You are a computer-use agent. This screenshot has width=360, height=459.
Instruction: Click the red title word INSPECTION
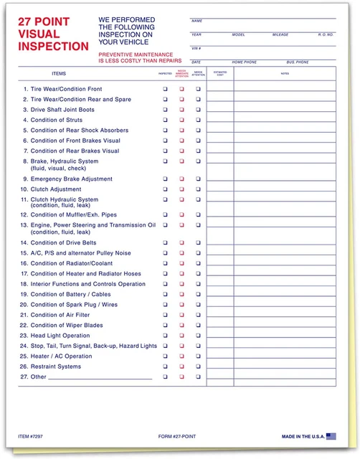click(x=54, y=46)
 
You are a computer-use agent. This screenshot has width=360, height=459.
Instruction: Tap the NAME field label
click(x=197, y=21)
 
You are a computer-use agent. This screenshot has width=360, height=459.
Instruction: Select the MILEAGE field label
click(x=280, y=34)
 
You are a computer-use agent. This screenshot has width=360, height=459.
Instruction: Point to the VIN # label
click(x=196, y=48)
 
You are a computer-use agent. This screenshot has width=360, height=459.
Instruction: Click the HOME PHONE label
click(x=245, y=62)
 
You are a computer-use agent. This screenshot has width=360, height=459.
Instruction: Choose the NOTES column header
click(x=285, y=73)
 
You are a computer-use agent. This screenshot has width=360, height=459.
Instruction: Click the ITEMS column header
click(x=59, y=74)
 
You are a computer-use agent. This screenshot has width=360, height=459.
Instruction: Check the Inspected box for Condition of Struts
click(x=165, y=120)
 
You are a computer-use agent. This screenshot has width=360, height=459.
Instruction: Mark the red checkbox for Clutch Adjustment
click(x=181, y=189)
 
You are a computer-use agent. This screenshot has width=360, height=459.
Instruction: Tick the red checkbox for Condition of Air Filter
click(x=181, y=315)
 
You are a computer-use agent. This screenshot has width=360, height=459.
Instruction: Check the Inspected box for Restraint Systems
click(x=165, y=366)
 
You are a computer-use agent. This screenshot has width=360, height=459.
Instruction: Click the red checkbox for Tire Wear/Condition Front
click(x=181, y=89)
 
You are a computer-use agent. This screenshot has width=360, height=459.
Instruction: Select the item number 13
click(x=24, y=224)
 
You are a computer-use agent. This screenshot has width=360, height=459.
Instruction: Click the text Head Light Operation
click(x=60, y=336)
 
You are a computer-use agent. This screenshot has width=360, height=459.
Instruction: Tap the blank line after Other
click(x=100, y=377)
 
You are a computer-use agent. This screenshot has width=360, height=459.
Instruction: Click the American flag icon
click(x=331, y=435)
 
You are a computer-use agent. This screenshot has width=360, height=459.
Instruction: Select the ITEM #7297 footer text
click(x=32, y=436)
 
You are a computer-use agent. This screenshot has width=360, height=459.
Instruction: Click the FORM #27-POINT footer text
click(x=177, y=436)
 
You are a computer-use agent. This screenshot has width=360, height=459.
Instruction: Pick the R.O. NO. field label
click(x=326, y=34)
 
